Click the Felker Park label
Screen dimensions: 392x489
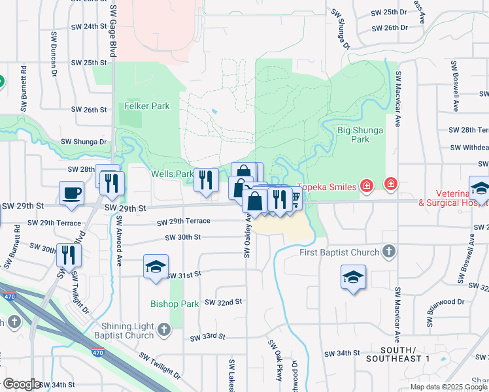pos(147,106)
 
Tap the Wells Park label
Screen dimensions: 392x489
pos(172,174)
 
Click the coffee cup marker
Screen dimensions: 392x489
pos(71,193)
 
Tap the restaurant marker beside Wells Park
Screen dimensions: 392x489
pos(206,180)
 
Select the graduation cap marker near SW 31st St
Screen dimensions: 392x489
pos(156,267)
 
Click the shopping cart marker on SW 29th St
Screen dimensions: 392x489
pos(295,198)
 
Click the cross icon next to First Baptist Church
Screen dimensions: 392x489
pos(389,252)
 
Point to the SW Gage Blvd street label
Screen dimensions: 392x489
pos(113,29)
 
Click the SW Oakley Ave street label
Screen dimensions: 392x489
pos(248,235)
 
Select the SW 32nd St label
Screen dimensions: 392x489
pos(224,302)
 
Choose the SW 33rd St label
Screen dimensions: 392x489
pos(207,337)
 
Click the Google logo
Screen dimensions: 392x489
pos(22,384)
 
